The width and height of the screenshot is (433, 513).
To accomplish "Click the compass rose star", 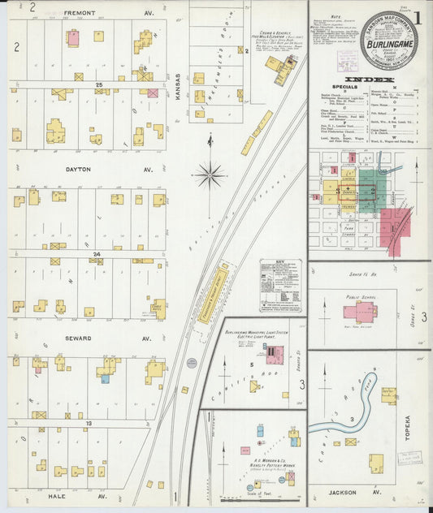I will (x=210, y=173).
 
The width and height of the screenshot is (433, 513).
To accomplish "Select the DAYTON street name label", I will (x=79, y=170).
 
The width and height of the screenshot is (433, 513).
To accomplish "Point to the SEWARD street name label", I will (x=79, y=338).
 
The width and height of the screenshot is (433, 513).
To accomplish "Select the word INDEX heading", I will (x=370, y=79).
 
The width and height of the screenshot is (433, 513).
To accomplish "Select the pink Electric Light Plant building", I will (x=274, y=355).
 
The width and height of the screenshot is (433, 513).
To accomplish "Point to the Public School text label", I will (x=357, y=297).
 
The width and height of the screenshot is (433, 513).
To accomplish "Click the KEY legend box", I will (x=280, y=285).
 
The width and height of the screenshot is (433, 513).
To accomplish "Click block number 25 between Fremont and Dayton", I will (x=98, y=84).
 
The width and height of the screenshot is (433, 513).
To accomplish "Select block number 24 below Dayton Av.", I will (x=96, y=254).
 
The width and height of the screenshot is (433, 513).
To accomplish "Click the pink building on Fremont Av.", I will (x=73, y=37).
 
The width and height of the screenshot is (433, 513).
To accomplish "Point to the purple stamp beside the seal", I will (x=347, y=61).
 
